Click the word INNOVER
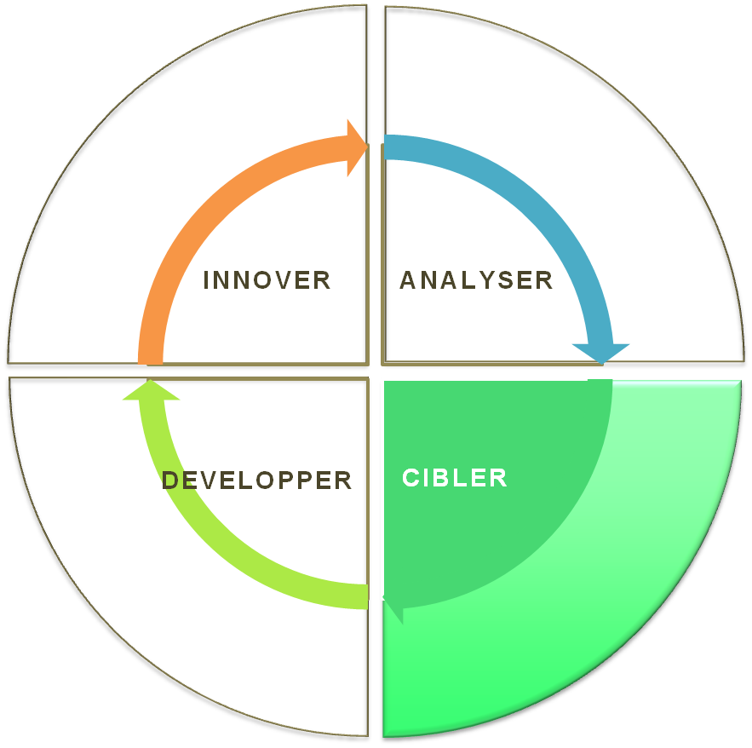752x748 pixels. [x=267, y=279]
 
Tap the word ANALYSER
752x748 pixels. [x=476, y=279]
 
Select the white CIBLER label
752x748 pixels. [x=455, y=478]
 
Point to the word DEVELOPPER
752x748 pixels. [x=257, y=480]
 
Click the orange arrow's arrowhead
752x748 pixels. [x=356, y=147]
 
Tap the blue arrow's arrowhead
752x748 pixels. [x=601, y=352]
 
